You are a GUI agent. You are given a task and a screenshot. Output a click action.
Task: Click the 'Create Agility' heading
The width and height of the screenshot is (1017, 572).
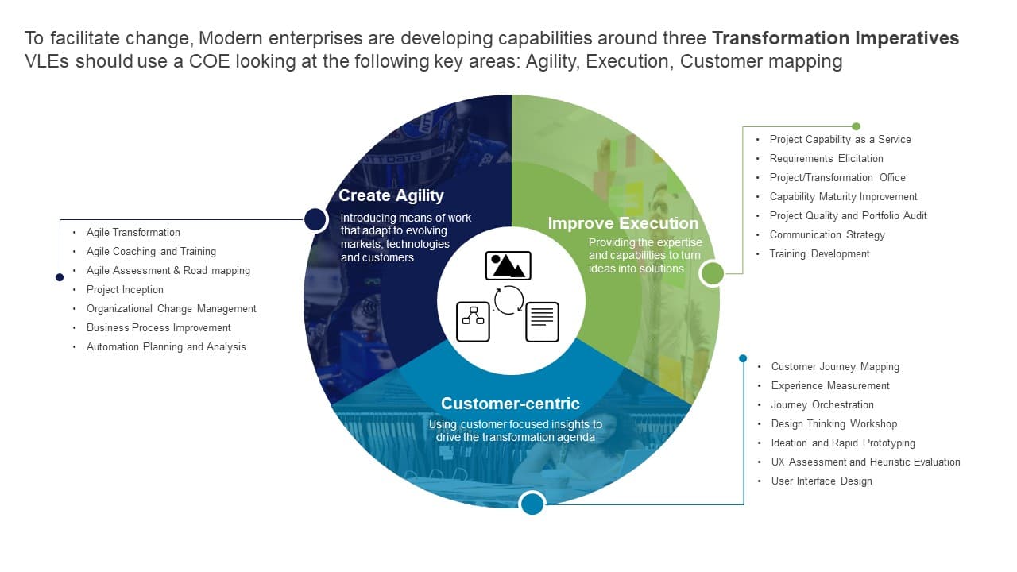click(x=391, y=195)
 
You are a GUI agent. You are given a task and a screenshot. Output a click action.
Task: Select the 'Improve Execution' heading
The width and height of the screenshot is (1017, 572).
click(x=623, y=223)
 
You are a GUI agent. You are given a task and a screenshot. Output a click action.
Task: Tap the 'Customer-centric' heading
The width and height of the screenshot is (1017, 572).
click(x=510, y=403)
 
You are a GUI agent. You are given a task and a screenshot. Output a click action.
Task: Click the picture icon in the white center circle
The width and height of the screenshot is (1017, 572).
click(x=508, y=265)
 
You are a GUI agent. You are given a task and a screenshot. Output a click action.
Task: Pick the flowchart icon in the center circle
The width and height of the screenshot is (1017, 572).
click(x=474, y=322)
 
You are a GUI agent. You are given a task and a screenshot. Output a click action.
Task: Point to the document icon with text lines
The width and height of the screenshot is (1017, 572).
click(x=542, y=322)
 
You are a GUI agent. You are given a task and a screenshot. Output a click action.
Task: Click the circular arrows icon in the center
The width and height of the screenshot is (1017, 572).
click(x=508, y=300)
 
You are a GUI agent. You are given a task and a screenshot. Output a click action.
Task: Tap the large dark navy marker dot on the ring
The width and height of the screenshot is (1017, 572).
click(x=315, y=219)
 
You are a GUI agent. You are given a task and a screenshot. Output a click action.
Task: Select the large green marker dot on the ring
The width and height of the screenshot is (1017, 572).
click(x=713, y=273)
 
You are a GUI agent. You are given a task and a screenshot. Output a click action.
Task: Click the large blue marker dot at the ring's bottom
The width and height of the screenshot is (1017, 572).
click(x=532, y=503)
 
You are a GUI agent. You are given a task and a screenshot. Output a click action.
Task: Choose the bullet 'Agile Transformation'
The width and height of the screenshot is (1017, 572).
click(x=133, y=233)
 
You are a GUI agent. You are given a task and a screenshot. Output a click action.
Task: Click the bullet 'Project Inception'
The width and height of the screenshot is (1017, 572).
click(x=125, y=290)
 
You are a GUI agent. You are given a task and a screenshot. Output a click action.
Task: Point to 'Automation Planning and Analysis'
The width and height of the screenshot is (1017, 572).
click(x=166, y=347)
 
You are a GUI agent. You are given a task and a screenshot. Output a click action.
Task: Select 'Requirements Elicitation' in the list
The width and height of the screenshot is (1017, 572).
click(x=826, y=159)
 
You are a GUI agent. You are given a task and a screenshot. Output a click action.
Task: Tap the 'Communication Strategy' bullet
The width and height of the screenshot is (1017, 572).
click(x=827, y=235)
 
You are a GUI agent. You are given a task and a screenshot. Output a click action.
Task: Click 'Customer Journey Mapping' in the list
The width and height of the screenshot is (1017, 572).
click(x=835, y=367)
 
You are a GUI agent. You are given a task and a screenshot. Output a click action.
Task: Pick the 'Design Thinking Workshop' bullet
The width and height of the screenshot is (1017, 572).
click(x=834, y=424)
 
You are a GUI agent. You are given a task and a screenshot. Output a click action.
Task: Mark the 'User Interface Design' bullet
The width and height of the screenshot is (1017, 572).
click(x=822, y=481)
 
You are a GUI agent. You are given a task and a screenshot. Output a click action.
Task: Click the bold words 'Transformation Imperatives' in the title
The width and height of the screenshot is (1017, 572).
click(x=835, y=38)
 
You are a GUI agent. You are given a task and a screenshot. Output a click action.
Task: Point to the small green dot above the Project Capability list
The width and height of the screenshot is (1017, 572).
click(x=856, y=126)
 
